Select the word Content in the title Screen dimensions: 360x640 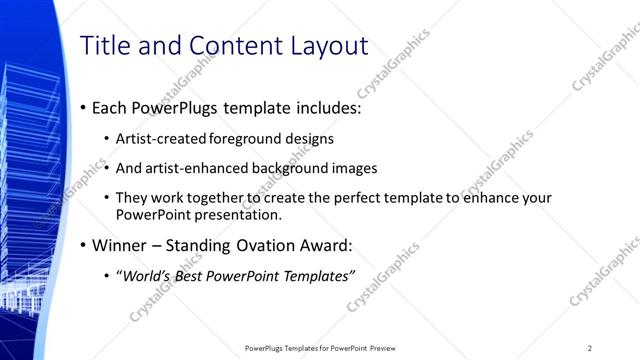(x=218, y=46)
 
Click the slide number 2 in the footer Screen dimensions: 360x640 (x=590, y=347)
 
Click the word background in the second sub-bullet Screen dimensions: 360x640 (x=288, y=168)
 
